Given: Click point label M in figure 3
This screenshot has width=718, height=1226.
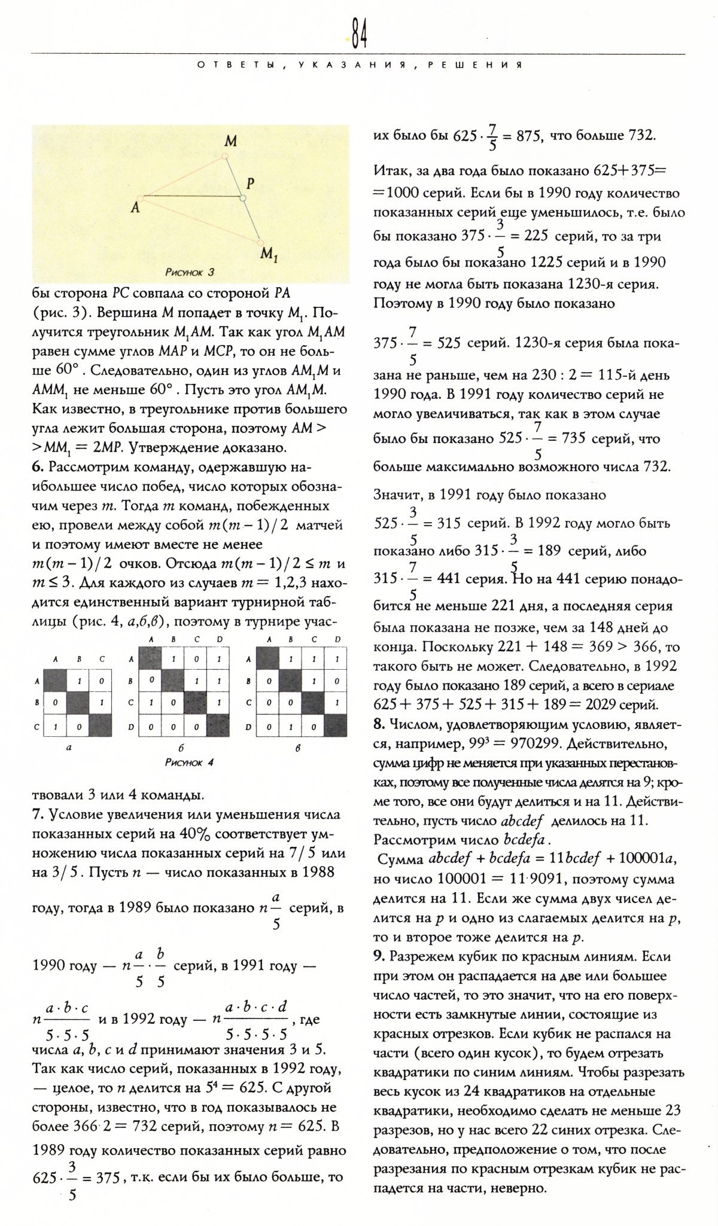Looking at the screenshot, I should (x=230, y=142).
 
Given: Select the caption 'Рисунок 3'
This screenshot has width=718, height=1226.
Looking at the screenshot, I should (x=190, y=273).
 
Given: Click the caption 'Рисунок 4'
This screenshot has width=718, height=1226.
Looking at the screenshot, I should (x=189, y=763).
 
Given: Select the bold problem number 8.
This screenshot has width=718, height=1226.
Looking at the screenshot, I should (x=378, y=724).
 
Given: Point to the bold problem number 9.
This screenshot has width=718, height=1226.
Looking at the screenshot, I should (x=378, y=956).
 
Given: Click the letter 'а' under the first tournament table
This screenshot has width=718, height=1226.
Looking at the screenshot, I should (x=70, y=747).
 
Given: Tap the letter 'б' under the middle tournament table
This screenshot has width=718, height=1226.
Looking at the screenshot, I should (x=180, y=748).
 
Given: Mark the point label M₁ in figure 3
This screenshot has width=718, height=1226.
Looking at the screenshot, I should (x=269, y=255).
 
